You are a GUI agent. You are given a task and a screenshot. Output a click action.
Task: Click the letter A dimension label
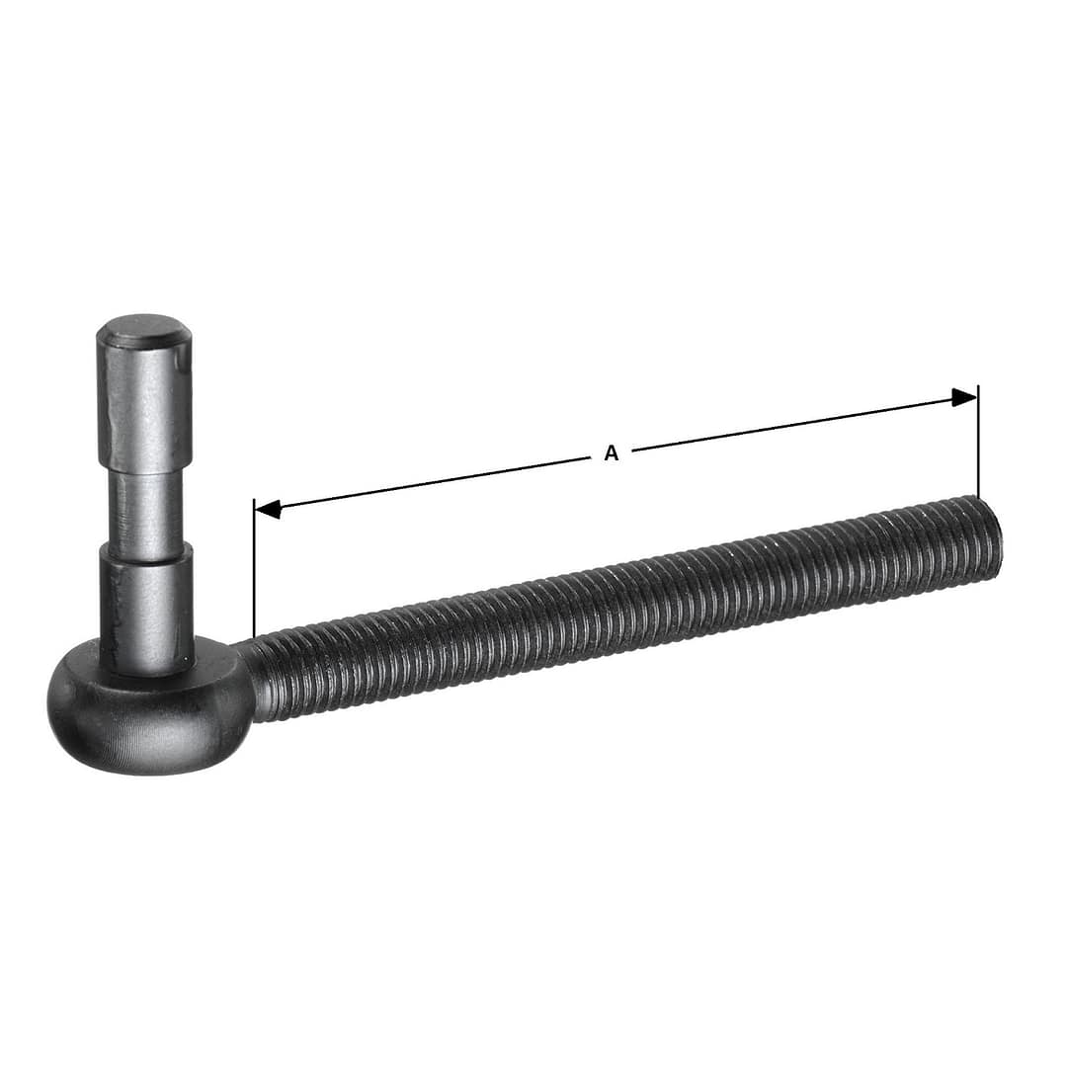611,453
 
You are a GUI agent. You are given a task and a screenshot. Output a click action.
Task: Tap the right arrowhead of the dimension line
963,397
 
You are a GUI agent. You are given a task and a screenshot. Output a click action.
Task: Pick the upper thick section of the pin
144,405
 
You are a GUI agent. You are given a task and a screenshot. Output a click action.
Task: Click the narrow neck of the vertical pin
145,514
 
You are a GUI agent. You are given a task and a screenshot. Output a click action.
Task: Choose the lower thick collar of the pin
146,603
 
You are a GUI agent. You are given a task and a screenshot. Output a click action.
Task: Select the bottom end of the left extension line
254,635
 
